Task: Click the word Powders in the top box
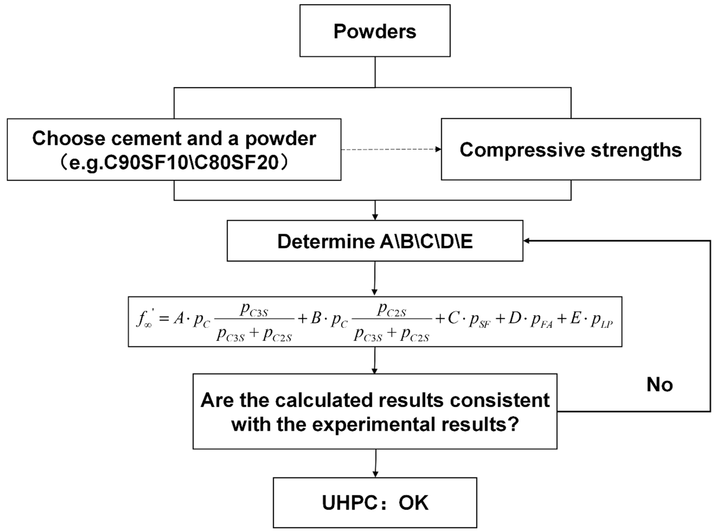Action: [375, 32]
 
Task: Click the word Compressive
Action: [522, 150]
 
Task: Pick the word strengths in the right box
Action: [636, 150]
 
